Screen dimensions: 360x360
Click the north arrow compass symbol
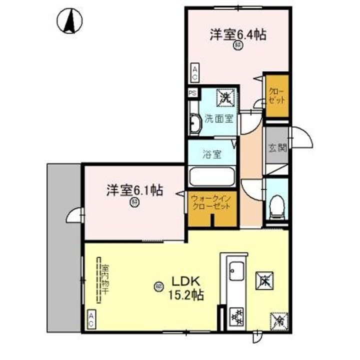pos(70,21)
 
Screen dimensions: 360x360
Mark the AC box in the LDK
pos(92,319)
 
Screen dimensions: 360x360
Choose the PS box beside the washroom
pos(192,93)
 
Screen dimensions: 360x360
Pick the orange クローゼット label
pos(276,95)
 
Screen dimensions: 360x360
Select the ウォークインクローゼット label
pos(211,202)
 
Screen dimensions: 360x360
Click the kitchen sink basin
pos(234,274)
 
